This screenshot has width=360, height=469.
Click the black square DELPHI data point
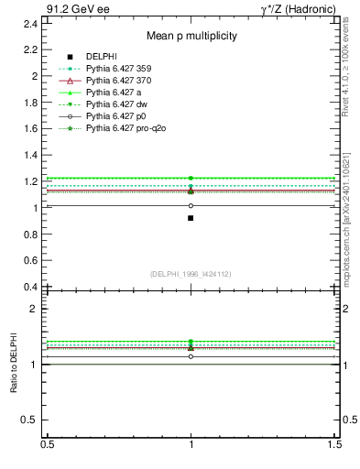click(191, 218)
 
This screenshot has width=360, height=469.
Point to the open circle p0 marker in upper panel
click(191, 205)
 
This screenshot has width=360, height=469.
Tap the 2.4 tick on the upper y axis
click(30, 23)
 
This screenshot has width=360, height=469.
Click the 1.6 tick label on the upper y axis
click(30, 129)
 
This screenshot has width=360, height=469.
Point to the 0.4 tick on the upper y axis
click(30, 288)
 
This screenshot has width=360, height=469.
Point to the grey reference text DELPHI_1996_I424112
click(191, 274)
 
